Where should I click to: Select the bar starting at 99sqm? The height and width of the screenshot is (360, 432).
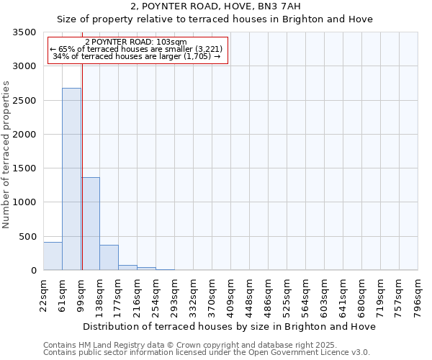click(90, 223)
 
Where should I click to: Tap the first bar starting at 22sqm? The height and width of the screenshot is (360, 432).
click(53, 256)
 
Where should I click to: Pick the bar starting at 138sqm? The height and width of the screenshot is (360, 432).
click(109, 258)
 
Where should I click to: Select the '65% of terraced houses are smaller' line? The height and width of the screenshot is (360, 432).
click(137, 49)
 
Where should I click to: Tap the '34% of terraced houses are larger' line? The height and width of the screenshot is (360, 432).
click(137, 56)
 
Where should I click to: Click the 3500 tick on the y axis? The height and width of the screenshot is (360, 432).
click(24, 32)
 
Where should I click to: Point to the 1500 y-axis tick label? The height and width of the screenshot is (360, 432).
click(24, 168)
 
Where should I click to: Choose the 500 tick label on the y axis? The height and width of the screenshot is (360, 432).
click(27, 236)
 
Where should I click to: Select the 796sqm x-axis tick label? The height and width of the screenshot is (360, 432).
click(418, 295)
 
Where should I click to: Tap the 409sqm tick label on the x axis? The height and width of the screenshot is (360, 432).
click(230, 295)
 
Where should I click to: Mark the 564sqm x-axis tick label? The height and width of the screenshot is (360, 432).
click(305, 295)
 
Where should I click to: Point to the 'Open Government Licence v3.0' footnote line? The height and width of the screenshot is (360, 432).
click(206, 352)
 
